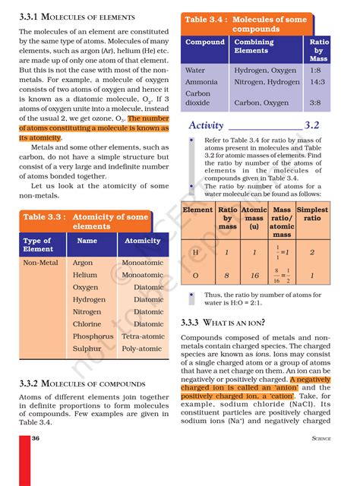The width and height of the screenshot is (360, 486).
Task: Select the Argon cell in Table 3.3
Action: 83,262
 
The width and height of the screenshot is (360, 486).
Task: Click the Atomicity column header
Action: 142,241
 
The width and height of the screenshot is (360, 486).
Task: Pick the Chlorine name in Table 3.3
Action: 87,324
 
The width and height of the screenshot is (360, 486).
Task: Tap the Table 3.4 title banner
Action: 256,24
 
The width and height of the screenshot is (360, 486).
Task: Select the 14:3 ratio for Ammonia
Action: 317,81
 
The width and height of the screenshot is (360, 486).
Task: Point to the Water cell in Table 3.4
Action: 195,70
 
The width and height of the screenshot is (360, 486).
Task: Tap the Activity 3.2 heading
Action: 255,125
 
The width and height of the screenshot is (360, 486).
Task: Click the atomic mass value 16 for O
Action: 254,276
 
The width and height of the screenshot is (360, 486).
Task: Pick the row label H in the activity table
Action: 195,252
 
